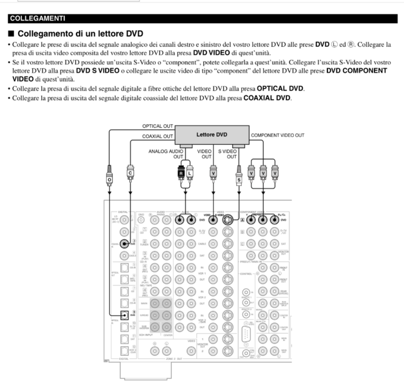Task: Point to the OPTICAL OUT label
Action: pos(157,125)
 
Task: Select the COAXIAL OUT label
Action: pos(158,136)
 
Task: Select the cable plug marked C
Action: pos(130,172)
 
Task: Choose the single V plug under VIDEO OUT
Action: pos(213,172)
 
